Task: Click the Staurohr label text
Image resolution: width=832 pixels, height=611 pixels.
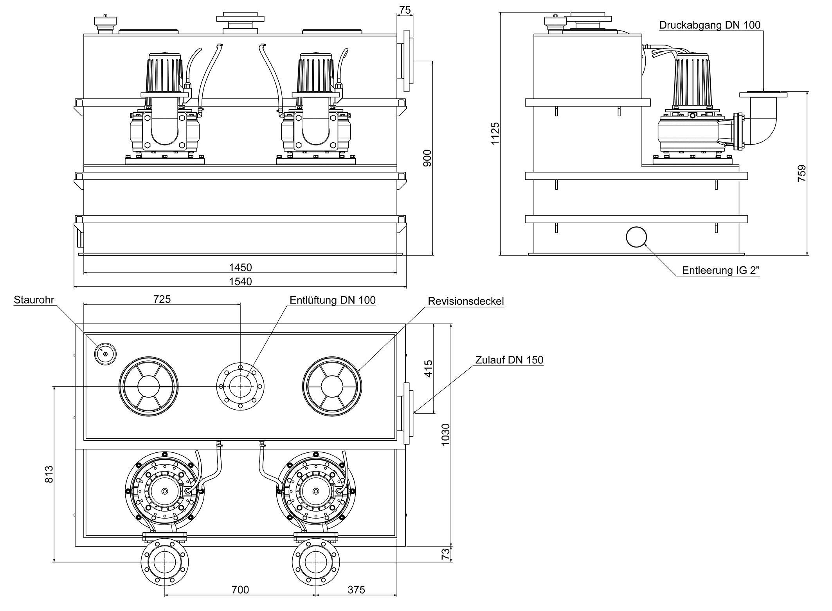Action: click(x=34, y=300)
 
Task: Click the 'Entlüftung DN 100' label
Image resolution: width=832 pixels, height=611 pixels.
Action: click(x=332, y=300)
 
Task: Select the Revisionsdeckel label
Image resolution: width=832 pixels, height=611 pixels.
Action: click(x=466, y=301)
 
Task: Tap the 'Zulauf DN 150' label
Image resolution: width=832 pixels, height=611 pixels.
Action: click(x=509, y=360)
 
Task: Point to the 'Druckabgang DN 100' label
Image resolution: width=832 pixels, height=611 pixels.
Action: click(x=710, y=25)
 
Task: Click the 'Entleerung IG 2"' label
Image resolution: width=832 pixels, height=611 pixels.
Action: click(x=720, y=270)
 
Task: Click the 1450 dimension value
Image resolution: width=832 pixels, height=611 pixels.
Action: click(x=240, y=268)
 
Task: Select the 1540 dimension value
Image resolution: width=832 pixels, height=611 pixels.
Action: click(x=240, y=282)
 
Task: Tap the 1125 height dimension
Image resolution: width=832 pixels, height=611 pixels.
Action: click(x=495, y=134)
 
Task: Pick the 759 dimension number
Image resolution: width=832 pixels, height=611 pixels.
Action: click(x=802, y=173)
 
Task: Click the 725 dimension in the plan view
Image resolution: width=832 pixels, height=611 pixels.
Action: click(x=162, y=299)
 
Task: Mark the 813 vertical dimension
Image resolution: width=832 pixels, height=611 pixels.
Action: click(x=49, y=474)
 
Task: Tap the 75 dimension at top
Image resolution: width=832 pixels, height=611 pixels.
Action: click(x=405, y=10)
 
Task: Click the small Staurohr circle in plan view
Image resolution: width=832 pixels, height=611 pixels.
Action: click(x=105, y=354)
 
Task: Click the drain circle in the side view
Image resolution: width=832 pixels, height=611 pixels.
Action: click(x=636, y=237)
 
